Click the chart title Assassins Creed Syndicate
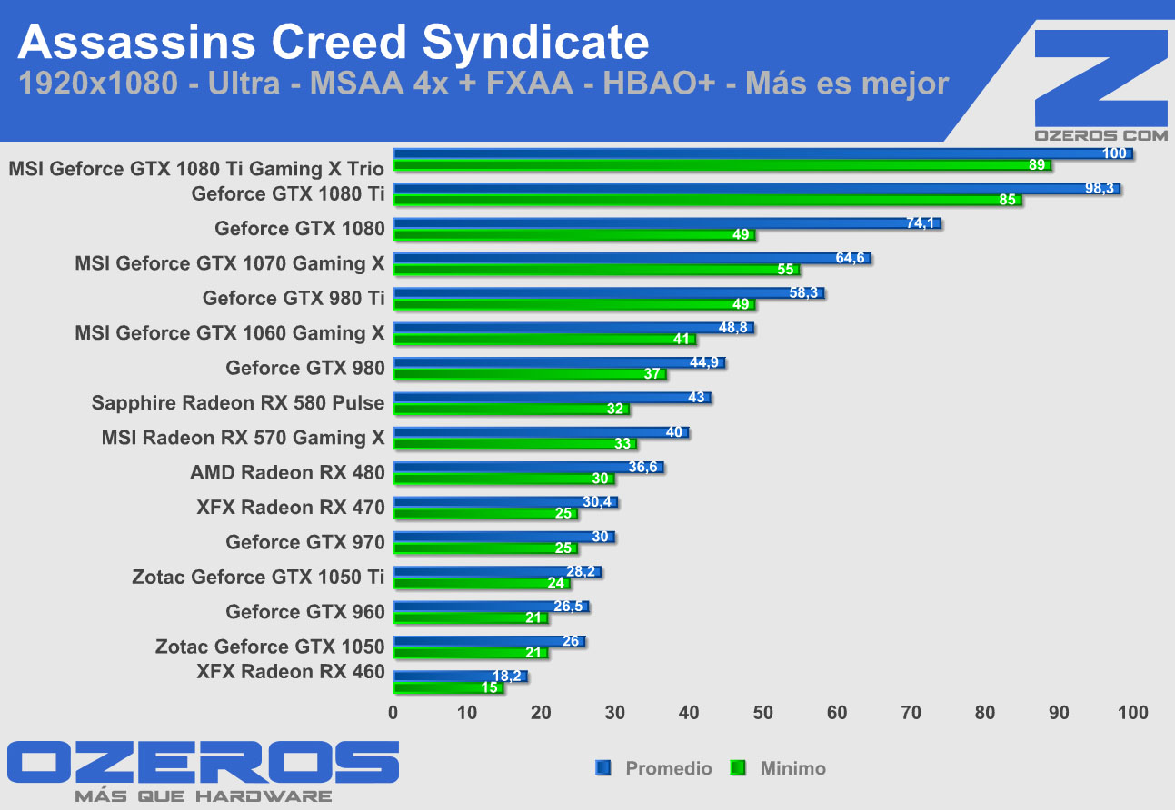coord(334,42)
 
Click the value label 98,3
coord(1098,188)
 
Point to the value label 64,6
coord(851,258)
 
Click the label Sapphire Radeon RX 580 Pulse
coord(238,402)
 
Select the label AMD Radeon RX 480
coord(287,472)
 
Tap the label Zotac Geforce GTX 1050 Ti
coord(258,577)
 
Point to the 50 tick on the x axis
coord(763,713)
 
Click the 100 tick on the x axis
coord(1133,713)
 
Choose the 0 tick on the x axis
coord(393,713)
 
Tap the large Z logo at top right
coord(1101,76)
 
